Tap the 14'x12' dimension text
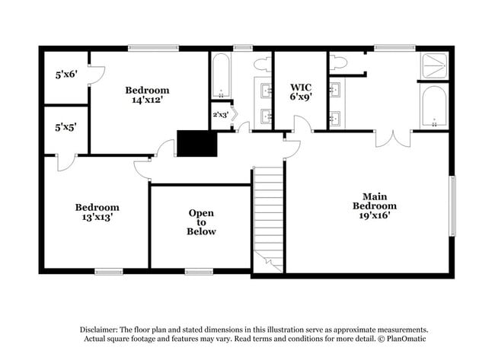click(147, 100)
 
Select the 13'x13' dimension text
click(97, 217)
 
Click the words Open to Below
click(201, 222)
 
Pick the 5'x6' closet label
click(66, 75)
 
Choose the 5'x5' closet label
click(65, 128)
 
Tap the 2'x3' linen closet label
click(219, 115)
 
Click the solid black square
click(196, 143)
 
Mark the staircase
click(268, 217)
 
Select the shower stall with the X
click(434, 65)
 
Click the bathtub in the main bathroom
click(433, 107)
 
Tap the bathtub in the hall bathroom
click(221, 76)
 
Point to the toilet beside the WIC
click(338, 62)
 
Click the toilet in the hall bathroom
click(262, 63)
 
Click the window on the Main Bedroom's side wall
click(452, 205)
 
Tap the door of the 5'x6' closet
click(96, 74)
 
